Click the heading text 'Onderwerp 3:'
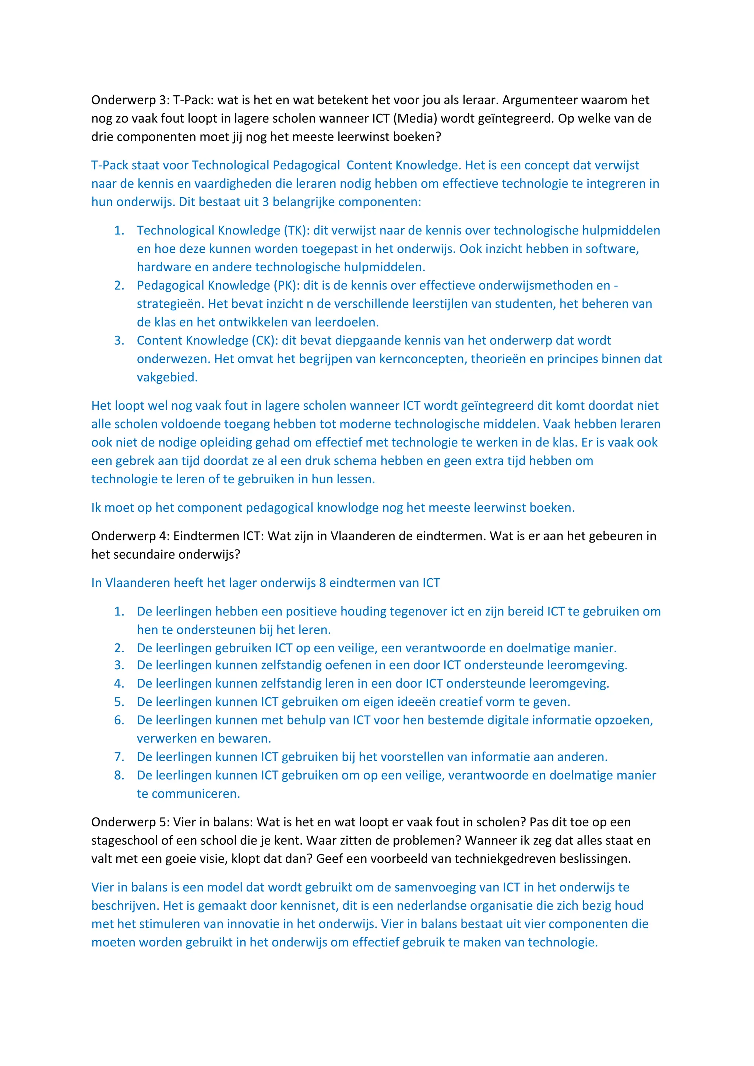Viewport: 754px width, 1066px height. pyautogui.click(x=130, y=100)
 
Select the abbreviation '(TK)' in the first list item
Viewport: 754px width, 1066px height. pyautogui.click(x=295, y=230)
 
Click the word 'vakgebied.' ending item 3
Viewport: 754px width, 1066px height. pyautogui.click(x=167, y=377)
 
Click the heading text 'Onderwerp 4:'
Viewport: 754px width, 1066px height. pyautogui.click(x=130, y=536)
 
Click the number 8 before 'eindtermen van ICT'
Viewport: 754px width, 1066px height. pyautogui.click(x=322, y=583)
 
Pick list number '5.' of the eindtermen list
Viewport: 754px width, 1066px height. pyautogui.click(x=119, y=702)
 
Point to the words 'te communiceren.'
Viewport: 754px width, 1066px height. pyautogui.click(x=188, y=794)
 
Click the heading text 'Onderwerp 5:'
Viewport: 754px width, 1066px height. pyautogui.click(x=130, y=822)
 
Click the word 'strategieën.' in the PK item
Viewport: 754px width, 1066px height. pyautogui.click(x=170, y=304)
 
